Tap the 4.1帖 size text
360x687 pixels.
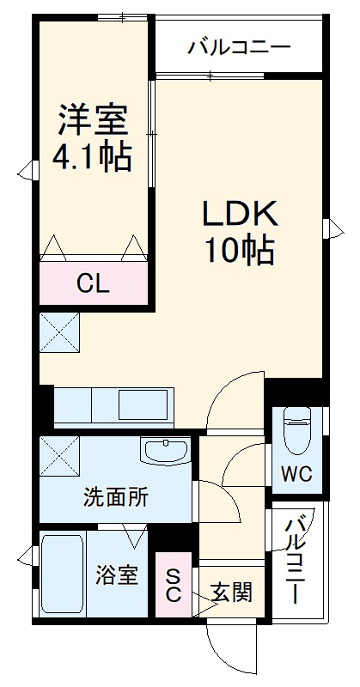coord(94,158)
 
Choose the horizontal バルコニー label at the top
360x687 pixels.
coord(239,46)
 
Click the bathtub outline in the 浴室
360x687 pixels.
coord(62,575)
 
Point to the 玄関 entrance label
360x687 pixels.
coord(231,592)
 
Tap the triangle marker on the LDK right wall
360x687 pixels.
coord(330,228)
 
